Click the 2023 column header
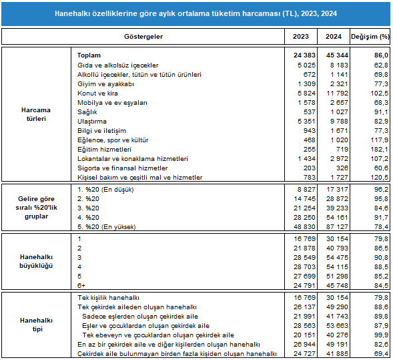(300, 37)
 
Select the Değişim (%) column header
(370, 37)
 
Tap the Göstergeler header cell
(143, 37)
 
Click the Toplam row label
(89, 55)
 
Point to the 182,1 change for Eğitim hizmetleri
(380, 150)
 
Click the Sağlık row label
(87, 112)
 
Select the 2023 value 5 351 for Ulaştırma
(306, 122)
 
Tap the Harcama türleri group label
(36, 114)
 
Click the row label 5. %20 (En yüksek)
(107, 227)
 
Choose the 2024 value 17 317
(337, 190)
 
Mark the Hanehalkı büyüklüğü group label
(36, 261)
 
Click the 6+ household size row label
(81, 285)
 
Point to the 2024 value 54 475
(337, 258)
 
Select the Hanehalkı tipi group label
(37, 325)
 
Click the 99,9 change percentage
(381, 335)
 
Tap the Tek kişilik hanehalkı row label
(108, 298)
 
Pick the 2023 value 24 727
(304, 354)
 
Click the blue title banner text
(195, 13)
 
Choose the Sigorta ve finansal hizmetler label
(123, 168)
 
